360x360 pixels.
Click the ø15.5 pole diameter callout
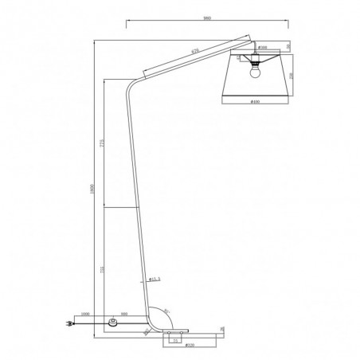pyautogui.click(x=156, y=280)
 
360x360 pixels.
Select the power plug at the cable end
pyautogui.click(x=67, y=324)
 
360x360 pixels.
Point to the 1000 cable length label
pyautogui.click(x=85, y=314)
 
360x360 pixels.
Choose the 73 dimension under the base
pyautogui.click(x=175, y=338)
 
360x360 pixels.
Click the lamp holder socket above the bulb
pyautogui.click(x=256, y=60)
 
